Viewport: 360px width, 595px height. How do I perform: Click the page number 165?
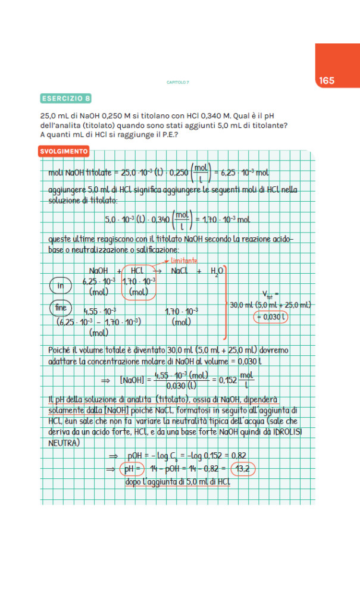pyautogui.click(x=326, y=80)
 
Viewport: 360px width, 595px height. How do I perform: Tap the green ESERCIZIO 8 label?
pyautogui.click(x=66, y=98)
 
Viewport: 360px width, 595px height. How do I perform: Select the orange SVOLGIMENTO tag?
pyautogui.click(x=64, y=151)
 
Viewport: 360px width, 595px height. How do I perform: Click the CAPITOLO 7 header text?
pyautogui.click(x=177, y=82)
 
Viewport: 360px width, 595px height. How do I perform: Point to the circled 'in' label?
pyautogui.click(x=60, y=286)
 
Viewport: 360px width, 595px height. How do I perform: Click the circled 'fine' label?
pyautogui.click(x=61, y=308)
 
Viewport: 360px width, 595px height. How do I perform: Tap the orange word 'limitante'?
pyautogui.click(x=184, y=261)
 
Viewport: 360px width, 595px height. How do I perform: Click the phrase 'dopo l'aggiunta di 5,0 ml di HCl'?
pyautogui.click(x=177, y=481)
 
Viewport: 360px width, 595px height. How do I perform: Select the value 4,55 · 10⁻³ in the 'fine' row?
pyautogui.click(x=99, y=311)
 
